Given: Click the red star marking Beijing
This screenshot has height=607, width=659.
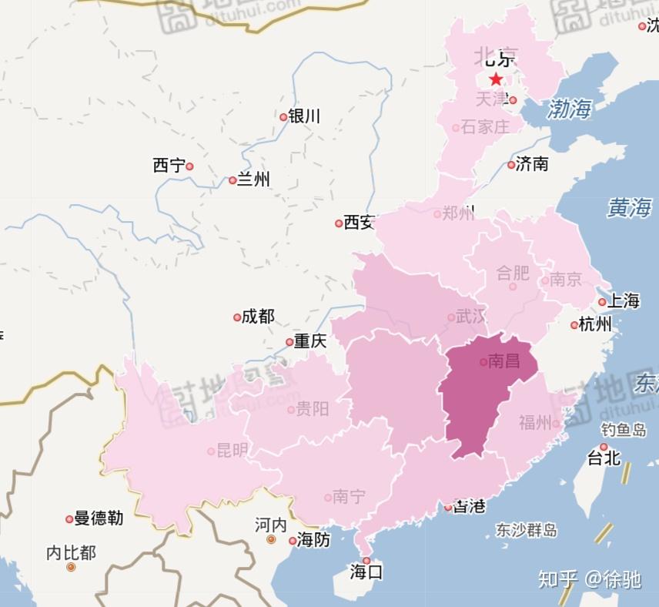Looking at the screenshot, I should tap(496, 79).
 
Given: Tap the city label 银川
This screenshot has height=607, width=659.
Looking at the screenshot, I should tap(304, 116).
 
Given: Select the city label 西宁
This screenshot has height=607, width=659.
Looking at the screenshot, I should tap(169, 166).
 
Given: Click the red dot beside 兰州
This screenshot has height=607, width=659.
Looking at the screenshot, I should tap(232, 180).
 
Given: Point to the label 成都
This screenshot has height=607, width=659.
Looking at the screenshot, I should tap(258, 317).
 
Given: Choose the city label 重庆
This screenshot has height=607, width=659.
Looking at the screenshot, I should tap(310, 340).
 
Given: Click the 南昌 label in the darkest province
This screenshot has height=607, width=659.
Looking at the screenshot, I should tap(504, 361).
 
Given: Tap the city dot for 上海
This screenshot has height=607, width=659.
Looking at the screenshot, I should tap(602, 302).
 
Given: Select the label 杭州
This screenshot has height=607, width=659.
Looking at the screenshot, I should tap(596, 324).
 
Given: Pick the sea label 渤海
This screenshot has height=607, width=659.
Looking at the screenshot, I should tap(569, 109).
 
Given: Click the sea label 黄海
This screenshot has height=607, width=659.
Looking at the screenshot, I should tap(628, 207).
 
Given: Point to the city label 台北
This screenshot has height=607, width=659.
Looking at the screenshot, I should tap(604, 458).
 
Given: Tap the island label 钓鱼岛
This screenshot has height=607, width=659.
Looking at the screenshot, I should tap(624, 431).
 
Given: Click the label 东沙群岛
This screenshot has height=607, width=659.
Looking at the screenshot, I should tap(527, 530).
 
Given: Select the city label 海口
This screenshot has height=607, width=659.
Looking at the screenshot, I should tap(366, 572).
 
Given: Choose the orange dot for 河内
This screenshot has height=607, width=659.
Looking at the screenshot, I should tap(271, 540).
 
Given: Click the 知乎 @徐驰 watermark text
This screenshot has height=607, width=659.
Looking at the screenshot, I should tap(589, 578).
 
